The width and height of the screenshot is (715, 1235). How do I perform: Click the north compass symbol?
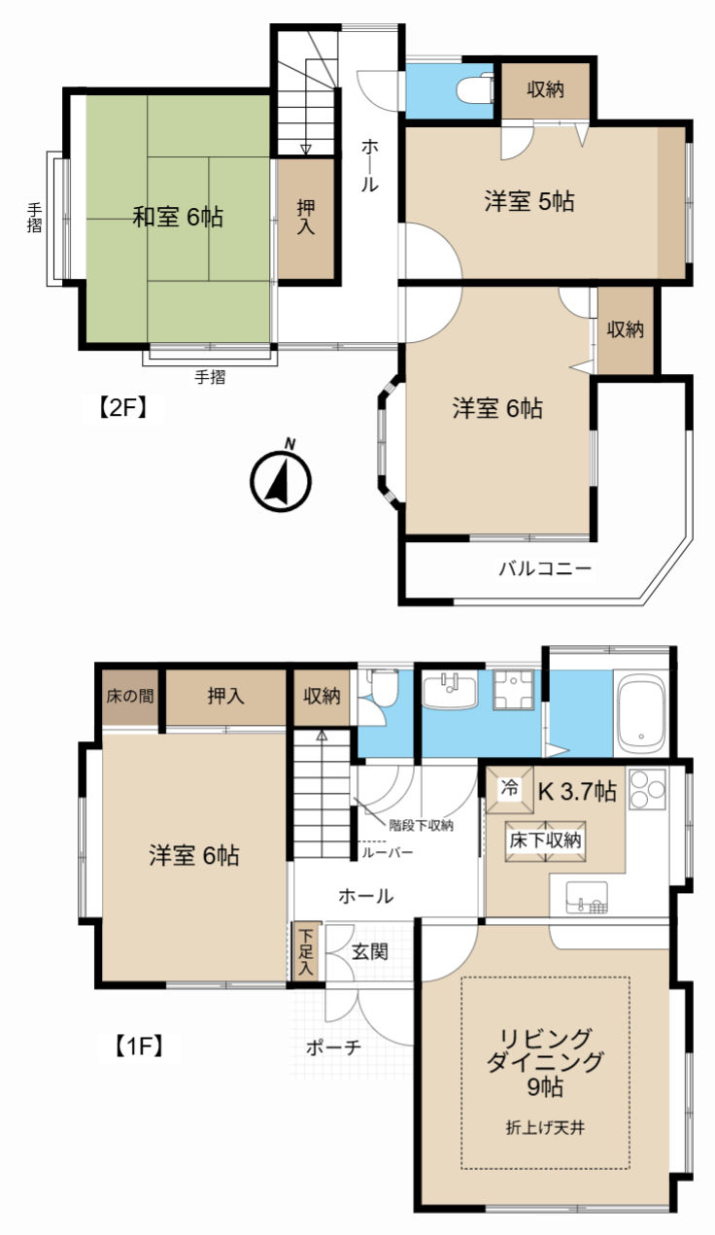click(x=281, y=479)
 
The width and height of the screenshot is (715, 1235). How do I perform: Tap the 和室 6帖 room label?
click(x=178, y=217)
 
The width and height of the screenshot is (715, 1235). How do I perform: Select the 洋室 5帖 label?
click(x=529, y=201)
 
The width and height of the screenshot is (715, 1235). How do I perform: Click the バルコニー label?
click(x=545, y=567)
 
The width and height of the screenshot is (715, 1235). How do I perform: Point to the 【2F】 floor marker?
click(x=122, y=408)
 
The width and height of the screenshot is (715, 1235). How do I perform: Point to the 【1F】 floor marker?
click(x=140, y=1046)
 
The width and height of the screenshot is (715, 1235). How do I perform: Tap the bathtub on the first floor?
click(x=640, y=714)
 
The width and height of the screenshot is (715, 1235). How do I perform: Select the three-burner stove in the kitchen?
click(x=648, y=790)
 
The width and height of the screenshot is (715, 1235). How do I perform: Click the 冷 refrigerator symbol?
click(x=509, y=790)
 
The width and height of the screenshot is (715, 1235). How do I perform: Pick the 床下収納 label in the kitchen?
click(x=545, y=840)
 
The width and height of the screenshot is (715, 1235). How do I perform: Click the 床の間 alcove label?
click(x=130, y=696)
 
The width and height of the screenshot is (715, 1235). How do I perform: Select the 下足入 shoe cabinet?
click(x=305, y=951)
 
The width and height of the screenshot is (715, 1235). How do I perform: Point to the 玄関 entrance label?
click(x=370, y=951)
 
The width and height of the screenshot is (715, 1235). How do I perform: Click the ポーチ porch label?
click(x=333, y=1047)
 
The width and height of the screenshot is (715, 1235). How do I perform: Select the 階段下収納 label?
click(x=422, y=825)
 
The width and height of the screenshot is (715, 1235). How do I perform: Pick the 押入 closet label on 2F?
click(x=306, y=218)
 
